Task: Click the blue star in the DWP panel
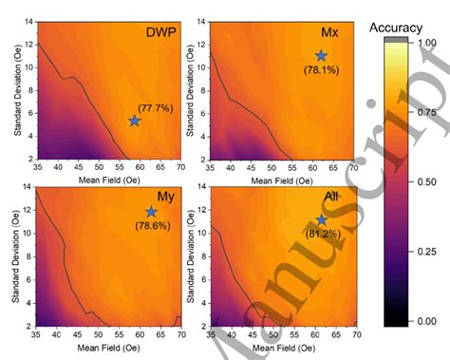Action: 135,121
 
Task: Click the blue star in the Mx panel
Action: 321,56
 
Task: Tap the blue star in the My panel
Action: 151,212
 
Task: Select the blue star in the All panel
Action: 322,220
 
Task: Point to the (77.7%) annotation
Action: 155,107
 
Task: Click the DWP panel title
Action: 158,31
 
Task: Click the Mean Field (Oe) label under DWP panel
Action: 104,181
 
